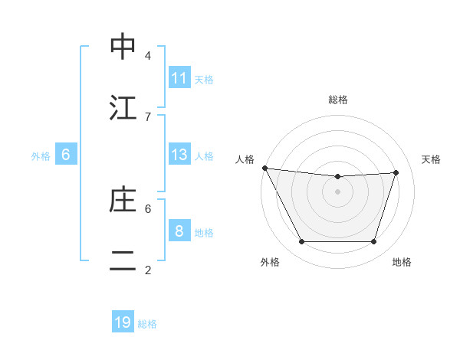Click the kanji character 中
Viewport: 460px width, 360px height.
pyautogui.click(x=123, y=47)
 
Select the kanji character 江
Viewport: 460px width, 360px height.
pyautogui.click(x=123, y=108)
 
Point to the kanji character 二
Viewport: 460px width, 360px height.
pyautogui.click(x=123, y=261)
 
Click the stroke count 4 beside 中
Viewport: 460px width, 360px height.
pyautogui.click(x=148, y=55)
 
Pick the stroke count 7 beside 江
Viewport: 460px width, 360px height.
pyautogui.click(x=148, y=116)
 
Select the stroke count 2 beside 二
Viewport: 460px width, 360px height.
pyautogui.click(x=148, y=270)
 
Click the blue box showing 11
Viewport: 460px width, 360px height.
pyautogui.click(x=179, y=78)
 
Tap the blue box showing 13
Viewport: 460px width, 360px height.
pyautogui.click(x=179, y=155)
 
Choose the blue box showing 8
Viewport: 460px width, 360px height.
pyautogui.click(x=179, y=231)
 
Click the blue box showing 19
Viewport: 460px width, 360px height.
pyautogui.click(x=123, y=322)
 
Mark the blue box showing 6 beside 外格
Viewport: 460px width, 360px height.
pyautogui.click(x=66, y=155)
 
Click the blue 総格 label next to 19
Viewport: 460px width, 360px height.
pyautogui.click(x=147, y=324)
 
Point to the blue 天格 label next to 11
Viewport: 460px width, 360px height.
pyautogui.click(x=204, y=79)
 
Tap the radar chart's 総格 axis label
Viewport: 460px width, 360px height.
pyautogui.click(x=337, y=100)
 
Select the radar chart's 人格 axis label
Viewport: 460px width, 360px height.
pyautogui.click(x=246, y=159)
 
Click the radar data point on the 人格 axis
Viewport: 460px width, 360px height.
pyautogui.click(x=264, y=168)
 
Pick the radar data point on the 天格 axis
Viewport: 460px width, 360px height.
pyautogui.click(x=396, y=172)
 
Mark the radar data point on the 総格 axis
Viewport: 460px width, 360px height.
pyautogui.click(x=337, y=177)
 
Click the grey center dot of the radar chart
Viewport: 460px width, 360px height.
pyautogui.click(x=337, y=191)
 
